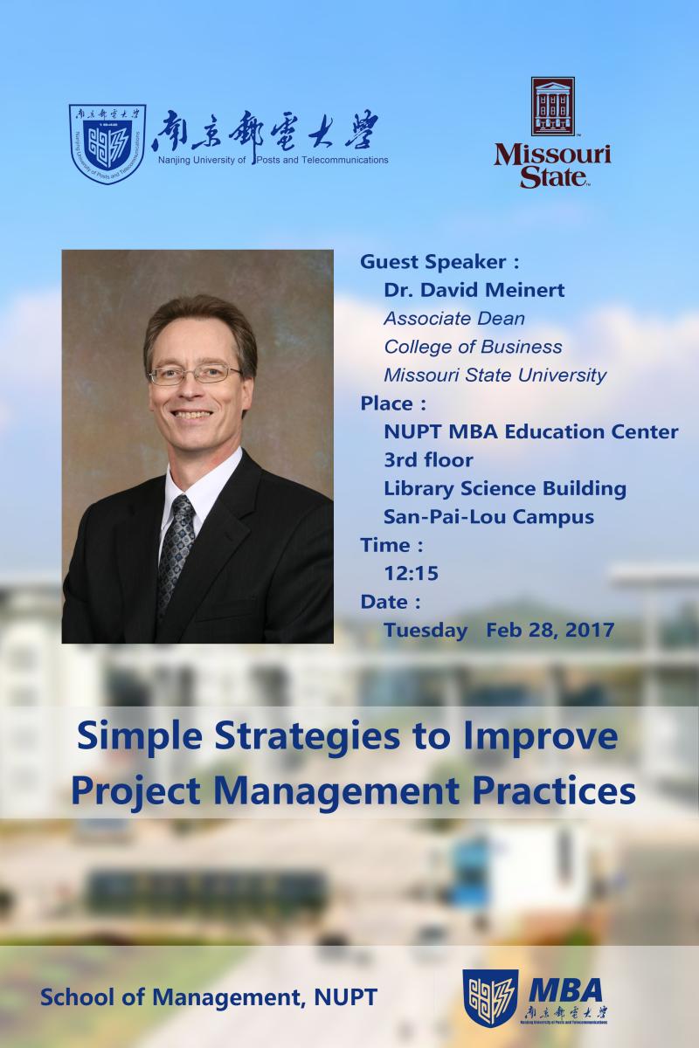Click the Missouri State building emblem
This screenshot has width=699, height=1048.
(552, 107)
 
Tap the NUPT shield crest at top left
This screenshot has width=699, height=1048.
(107, 144)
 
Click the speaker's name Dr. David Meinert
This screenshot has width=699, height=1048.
(474, 290)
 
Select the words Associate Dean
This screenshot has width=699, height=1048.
(454, 319)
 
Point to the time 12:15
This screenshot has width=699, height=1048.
(411, 573)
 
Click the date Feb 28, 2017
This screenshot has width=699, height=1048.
(550, 631)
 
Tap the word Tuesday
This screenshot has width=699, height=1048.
(426, 631)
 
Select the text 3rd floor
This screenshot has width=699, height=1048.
(428, 460)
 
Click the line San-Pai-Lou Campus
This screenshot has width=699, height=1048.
(488, 517)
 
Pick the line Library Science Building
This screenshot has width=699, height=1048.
(505, 489)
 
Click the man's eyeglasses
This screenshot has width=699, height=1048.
(195, 375)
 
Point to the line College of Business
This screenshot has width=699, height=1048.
(473, 348)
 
